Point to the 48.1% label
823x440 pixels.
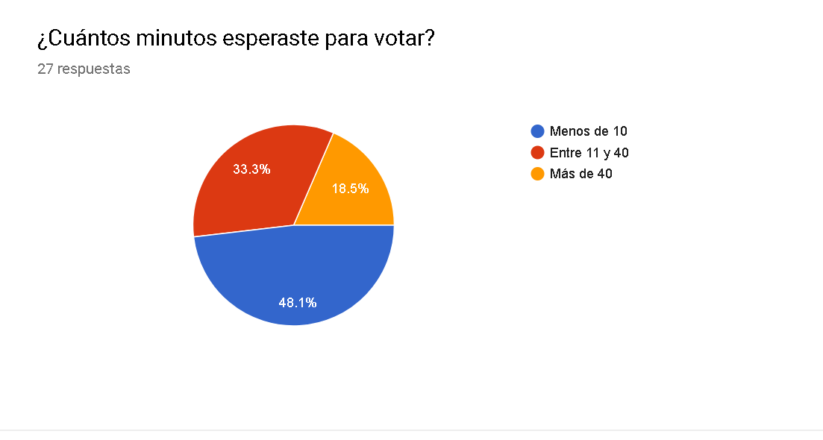pyautogui.click(x=298, y=302)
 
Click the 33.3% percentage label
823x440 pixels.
pyautogui.click(x=251, y=169)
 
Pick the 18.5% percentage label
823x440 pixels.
pyautogui.click(x=350, y=189)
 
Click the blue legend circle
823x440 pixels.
pyautogui.click(x=537, y=131)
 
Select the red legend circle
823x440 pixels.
pyautogui.click(x=537, y=153)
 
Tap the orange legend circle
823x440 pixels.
pyautogui.click(x=537, y=175)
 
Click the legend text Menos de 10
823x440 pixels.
pyautogui.click(x=588, y=131)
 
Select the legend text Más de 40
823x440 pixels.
pyautogui.click(x=581, y=175)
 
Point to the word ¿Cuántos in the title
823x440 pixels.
pyautogui.click(x=77, y=38)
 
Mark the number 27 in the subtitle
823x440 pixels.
pyautogui.click(x=46, y=69)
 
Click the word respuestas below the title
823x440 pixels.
pyautogui.click(x=93, y=69)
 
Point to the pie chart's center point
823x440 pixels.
pyautogui.click(x=293, y=225)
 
